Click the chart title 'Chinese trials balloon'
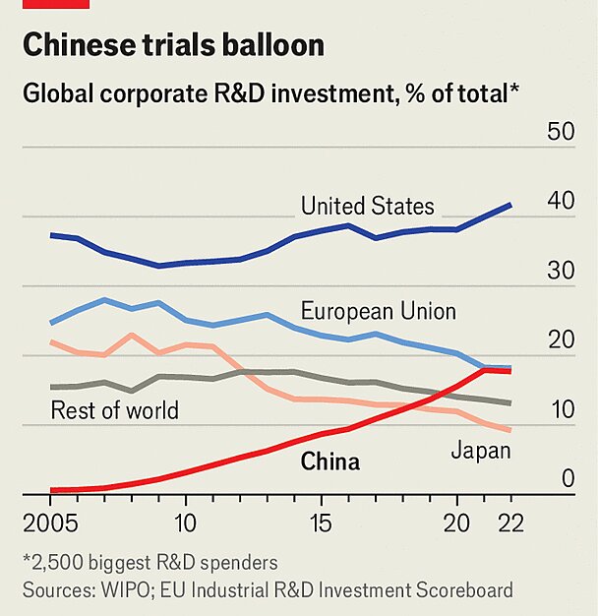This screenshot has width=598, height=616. pos(173,45)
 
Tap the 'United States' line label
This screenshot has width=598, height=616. pos(367,206)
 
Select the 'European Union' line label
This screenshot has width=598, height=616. pos(378,311)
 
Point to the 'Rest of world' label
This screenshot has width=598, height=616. pos(114,409)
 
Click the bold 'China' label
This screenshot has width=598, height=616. pos(329,462)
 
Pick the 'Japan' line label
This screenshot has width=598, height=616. pos(480,451)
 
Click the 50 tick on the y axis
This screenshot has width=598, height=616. pos(561,132)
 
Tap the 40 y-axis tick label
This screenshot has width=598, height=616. pos(561,201)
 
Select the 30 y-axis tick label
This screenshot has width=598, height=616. pos(561,271)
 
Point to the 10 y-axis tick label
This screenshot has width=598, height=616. pos(561,409)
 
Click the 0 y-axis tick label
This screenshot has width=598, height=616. pos(568,479)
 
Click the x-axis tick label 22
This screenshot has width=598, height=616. pos(510,522)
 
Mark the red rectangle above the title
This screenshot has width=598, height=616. pos(55,4)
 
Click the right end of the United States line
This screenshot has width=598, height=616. pos(510,205)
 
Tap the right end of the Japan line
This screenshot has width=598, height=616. pos(510,430)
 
